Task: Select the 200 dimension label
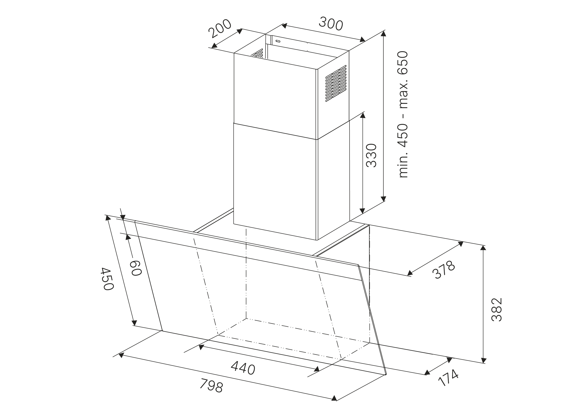point(220,28)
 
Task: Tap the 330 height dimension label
point(371,155)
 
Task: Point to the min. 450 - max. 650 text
point(403,114)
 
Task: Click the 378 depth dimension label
point(443,270)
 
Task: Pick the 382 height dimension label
point(496,309)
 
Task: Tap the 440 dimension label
point(243,368)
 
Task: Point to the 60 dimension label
point(136,268)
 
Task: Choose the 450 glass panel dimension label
point(107,279)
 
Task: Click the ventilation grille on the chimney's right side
point(336,83)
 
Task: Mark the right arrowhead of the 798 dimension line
point(334,398)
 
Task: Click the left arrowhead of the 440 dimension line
point(201,347)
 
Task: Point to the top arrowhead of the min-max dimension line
point(384,33)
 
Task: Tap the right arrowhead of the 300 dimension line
point(363,40)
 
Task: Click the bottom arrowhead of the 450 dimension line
point(135,323)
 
